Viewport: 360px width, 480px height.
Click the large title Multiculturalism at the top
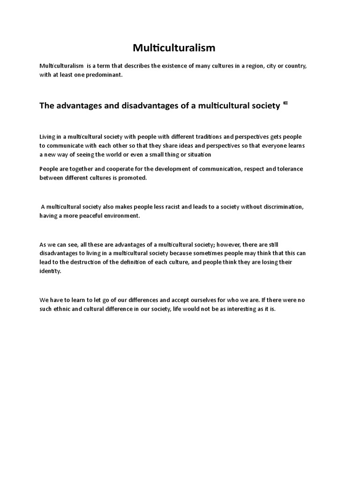coord(174,48)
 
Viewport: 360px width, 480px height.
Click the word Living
coord(47,137)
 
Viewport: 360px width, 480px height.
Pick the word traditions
coord(207,137)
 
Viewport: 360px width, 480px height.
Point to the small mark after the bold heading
coord(285,104)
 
